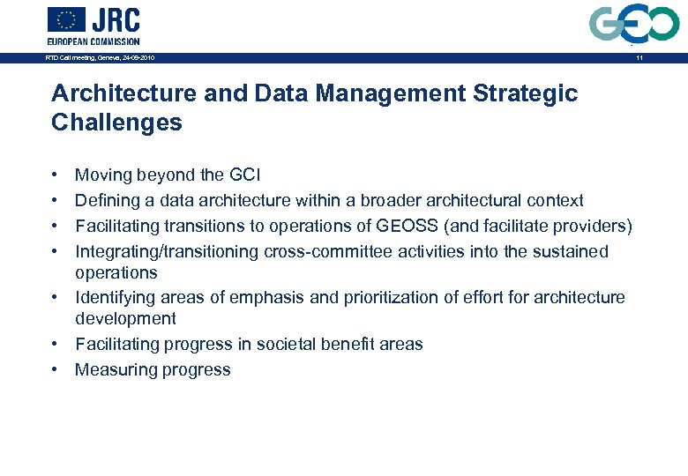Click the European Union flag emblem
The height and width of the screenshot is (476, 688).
pos(66,19)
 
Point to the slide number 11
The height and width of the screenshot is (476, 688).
pos(638,58)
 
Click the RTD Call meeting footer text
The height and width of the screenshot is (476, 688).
pos(101,58)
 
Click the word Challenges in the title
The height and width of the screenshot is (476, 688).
pos(116,123)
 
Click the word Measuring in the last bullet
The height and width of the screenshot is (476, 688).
pos(112,370)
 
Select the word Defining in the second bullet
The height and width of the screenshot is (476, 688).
pos(105,201)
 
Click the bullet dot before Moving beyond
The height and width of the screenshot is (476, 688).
pos(55,176)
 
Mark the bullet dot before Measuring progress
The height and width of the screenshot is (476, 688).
pos(55,370)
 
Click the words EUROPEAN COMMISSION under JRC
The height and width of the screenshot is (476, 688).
pos(93,41)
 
